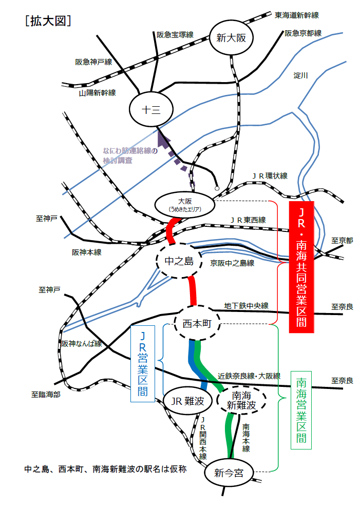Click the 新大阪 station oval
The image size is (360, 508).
232,37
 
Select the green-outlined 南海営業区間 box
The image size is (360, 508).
301,411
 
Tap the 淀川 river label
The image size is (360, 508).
300,75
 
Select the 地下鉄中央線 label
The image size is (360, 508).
247,306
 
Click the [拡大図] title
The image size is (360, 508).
48,21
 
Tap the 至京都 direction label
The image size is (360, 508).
342,240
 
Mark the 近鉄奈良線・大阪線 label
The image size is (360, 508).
249,376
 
